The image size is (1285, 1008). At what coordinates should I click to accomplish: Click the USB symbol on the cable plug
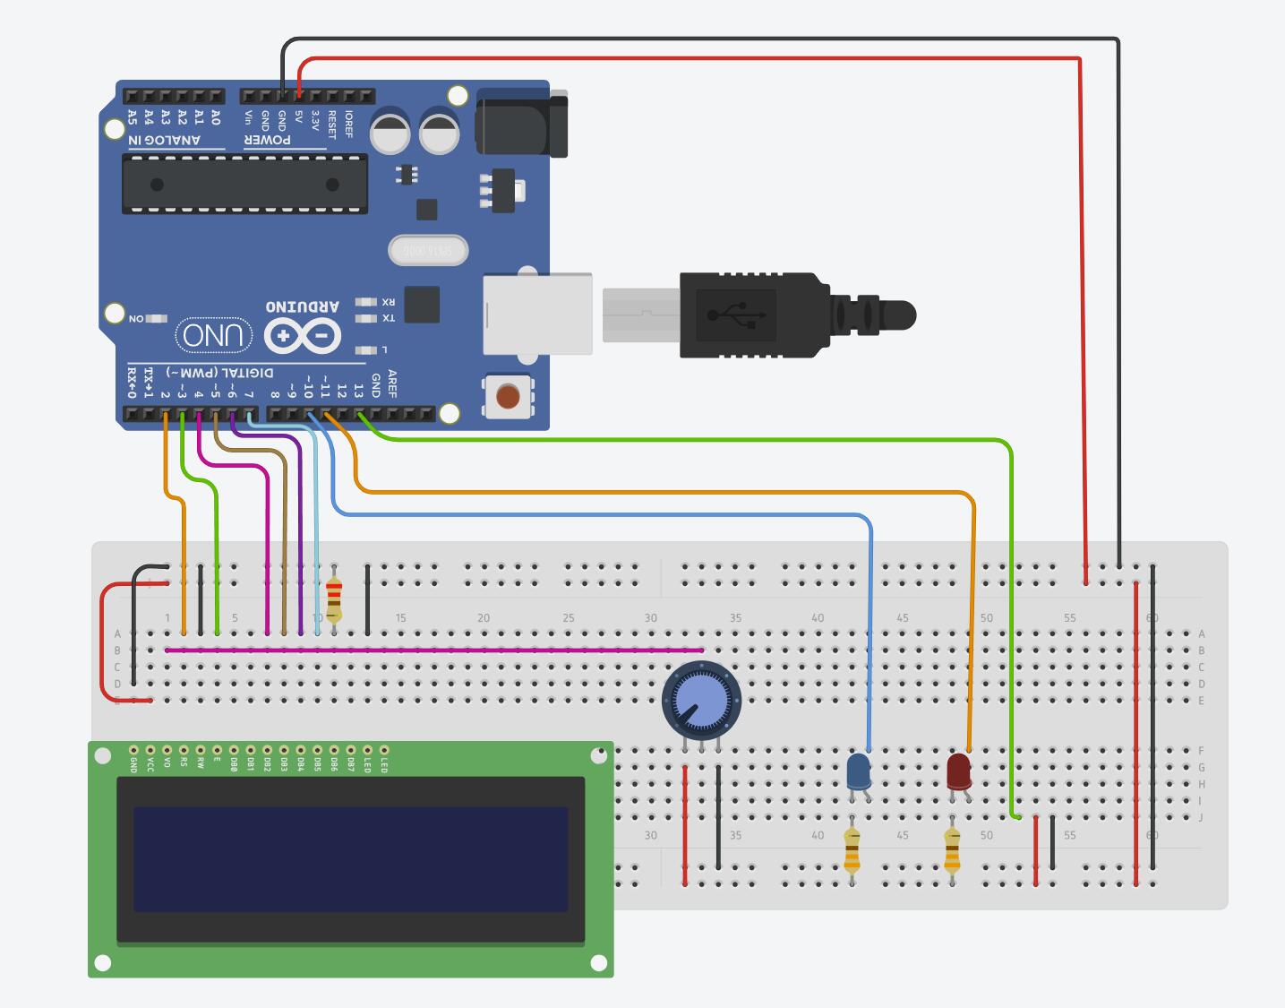736,315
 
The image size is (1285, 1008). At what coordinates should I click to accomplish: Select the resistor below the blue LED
852,851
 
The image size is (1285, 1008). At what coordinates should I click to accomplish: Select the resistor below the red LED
952,851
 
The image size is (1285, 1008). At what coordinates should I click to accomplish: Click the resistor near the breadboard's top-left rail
334,598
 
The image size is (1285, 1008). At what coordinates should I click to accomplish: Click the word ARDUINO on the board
303,306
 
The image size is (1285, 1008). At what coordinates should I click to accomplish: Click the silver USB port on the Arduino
537,314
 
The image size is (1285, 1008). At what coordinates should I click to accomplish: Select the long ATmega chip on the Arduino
244,185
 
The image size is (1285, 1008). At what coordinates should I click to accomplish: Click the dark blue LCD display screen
350,858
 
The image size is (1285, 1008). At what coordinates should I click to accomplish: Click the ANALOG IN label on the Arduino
176,140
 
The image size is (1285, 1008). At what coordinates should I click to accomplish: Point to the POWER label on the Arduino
267,140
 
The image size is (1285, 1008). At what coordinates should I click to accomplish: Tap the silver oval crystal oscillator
428,251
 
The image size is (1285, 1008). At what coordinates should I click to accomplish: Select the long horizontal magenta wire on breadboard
434,650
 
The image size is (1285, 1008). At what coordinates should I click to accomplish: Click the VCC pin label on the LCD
150,764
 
